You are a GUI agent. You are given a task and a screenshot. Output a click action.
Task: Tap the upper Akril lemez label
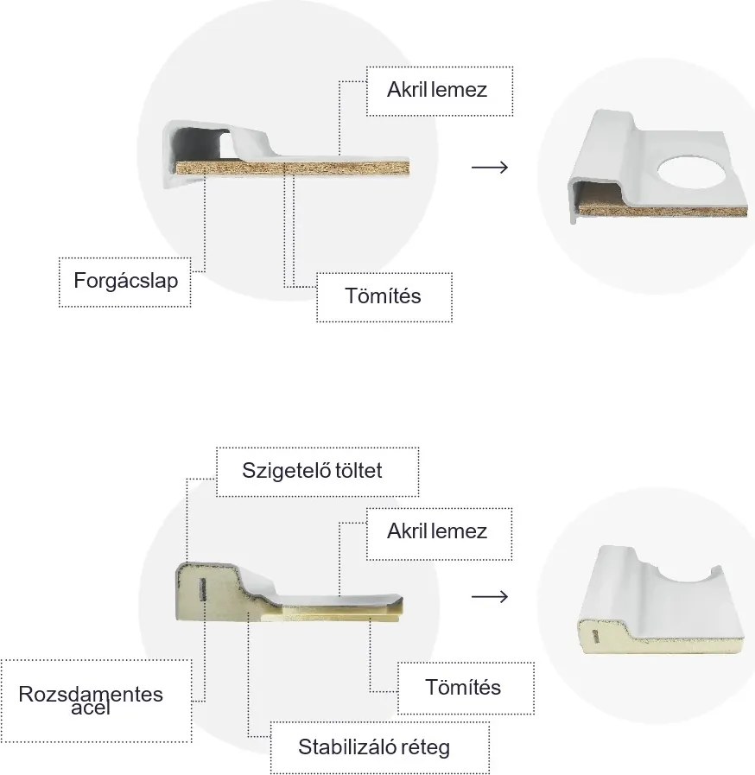[x=437, y=89]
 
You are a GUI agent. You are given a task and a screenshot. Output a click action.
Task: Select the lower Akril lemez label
[x=437, y=530]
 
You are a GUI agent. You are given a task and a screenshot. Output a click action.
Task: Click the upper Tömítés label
[x=383, y=295]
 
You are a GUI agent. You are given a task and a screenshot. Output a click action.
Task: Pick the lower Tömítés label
[x=463, y=688]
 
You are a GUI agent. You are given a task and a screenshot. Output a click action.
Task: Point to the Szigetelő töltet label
[x=313, y=471]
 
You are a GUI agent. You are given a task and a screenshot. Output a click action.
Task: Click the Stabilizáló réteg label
[x=374, y=746]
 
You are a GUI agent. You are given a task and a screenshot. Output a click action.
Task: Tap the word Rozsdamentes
[x=91, y=695]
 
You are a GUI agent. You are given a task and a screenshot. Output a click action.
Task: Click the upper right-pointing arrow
[x=490, y=166]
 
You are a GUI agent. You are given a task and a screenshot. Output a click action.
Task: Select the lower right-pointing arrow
[x=490, y=596]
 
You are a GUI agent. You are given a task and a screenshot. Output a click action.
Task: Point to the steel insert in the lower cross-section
[x=200, y=590]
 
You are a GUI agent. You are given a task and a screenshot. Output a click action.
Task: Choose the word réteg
[x=424, y=746]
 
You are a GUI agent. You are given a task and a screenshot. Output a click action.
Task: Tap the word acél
[x=91, y=709]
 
